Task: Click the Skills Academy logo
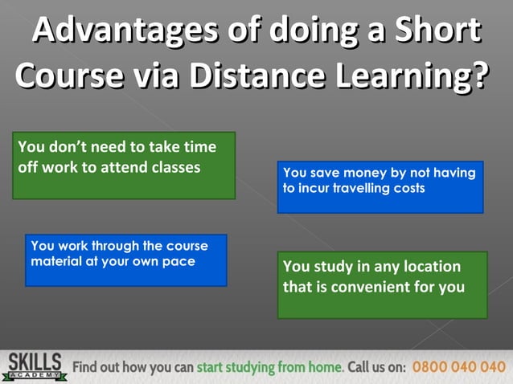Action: pyautogui.click(x=33, y=366)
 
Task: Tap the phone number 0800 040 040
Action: pyautogui.click(x=459, y=367)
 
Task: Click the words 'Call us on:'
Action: pyautogui.click(x=376, y=367)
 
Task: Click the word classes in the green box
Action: pyautogui.click(x=173, y=167)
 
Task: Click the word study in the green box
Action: pyautogui.click(x=333, y=266)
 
